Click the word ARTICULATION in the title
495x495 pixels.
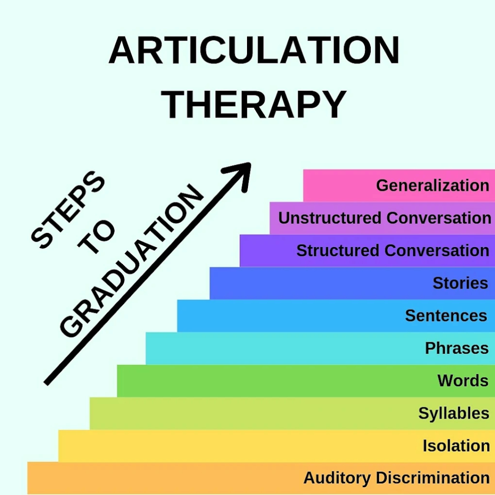[254, 50]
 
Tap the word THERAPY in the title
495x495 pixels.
[254, 104]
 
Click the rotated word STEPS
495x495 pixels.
[68, 210]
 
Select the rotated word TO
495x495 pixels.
[97, 236]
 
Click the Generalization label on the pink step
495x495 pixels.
[433, 185]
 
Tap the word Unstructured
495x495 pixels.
[330, 218]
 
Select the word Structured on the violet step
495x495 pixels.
[337, 250]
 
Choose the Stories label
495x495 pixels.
[460, 283]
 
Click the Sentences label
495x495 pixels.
[446, 315]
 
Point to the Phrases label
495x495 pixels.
[456, 348]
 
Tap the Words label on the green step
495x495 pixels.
[463, 380]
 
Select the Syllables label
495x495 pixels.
[453, 413]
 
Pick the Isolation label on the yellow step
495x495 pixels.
[456, 446]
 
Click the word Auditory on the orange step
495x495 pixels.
[337, 478]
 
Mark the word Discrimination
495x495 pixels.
[433, 478]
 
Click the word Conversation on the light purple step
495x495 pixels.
[439, 218]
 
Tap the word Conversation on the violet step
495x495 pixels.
[437, 250]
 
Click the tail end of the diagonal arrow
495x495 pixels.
[46, 383]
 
